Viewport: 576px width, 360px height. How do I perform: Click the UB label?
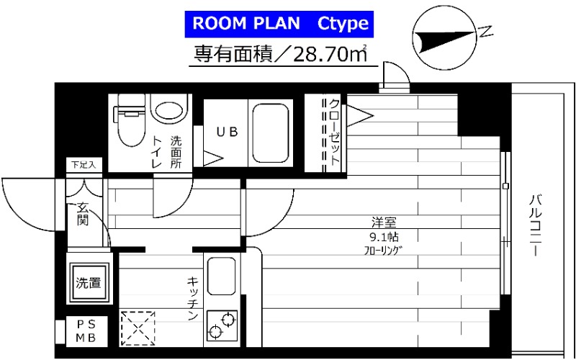tap(227, 132)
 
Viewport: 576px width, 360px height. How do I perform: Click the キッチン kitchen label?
tap(193, 298)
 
